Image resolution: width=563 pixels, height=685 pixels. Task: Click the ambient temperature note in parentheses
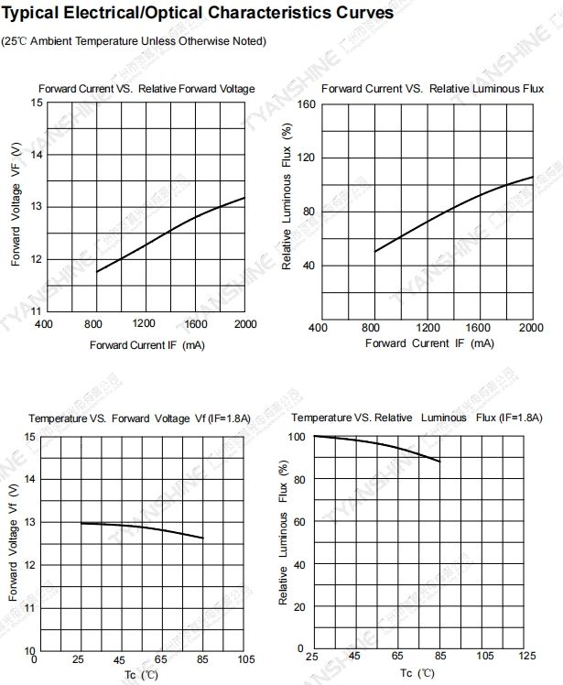click(x=134, y=41)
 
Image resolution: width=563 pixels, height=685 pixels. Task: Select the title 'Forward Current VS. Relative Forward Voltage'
click(x=146, y=89)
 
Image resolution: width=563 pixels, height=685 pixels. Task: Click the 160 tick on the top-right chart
click(x=306, y=104)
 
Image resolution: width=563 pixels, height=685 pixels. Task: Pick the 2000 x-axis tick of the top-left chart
click(x=245, y=324)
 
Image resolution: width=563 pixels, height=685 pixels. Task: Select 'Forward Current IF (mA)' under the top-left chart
click(x=146, y=345)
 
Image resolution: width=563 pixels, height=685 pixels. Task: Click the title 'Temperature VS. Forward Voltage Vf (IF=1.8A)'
click(x=139, y=419)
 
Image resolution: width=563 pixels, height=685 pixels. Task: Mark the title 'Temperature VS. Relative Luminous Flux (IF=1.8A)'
click(x=408, y=418)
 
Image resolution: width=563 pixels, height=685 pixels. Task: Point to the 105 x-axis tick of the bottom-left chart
click(x=244, y=660)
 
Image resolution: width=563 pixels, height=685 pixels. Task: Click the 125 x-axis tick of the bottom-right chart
click(x=526, y=658)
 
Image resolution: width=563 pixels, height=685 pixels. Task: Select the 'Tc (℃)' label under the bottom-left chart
click(x=142, y=676)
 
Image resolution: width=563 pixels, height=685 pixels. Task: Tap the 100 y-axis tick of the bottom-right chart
click(x=296, y=437)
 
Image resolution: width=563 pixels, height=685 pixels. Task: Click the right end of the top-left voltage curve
click(x=245, y=198)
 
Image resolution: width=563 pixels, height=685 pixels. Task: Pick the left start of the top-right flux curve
click(x=374, y=252)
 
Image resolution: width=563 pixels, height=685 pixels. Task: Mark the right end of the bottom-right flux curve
click(x=440, y=462)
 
